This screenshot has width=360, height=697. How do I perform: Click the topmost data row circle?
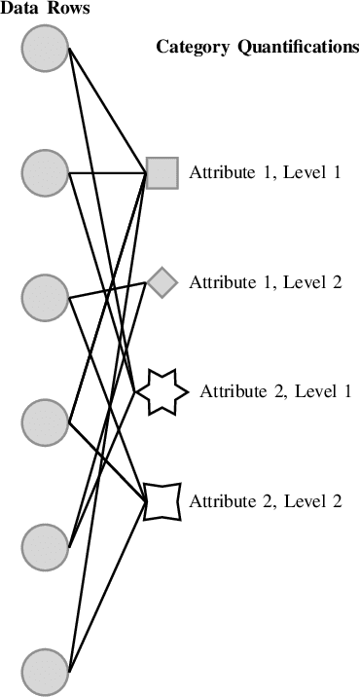[x=45, y=49]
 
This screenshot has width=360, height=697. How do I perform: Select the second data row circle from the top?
[x=45, y=172]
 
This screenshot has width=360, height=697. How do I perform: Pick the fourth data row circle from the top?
[x=45, y=422]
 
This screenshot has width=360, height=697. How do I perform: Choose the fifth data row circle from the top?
[x=45, y=546]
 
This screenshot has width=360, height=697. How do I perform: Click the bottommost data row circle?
[x=45, y=672]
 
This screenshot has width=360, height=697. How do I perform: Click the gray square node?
[x=162, y=172]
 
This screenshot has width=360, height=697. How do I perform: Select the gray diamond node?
[x=162, y=282]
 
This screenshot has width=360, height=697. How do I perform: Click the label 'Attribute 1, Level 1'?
[x=265, y=172]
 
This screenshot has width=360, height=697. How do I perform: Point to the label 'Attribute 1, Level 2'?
[x=265, y=282]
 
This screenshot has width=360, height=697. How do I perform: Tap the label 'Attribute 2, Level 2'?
[x=265, y=501]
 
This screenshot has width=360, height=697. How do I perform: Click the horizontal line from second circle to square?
[x=107, y=173]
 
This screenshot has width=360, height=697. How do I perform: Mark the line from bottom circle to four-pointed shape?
[x=107, y=587]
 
